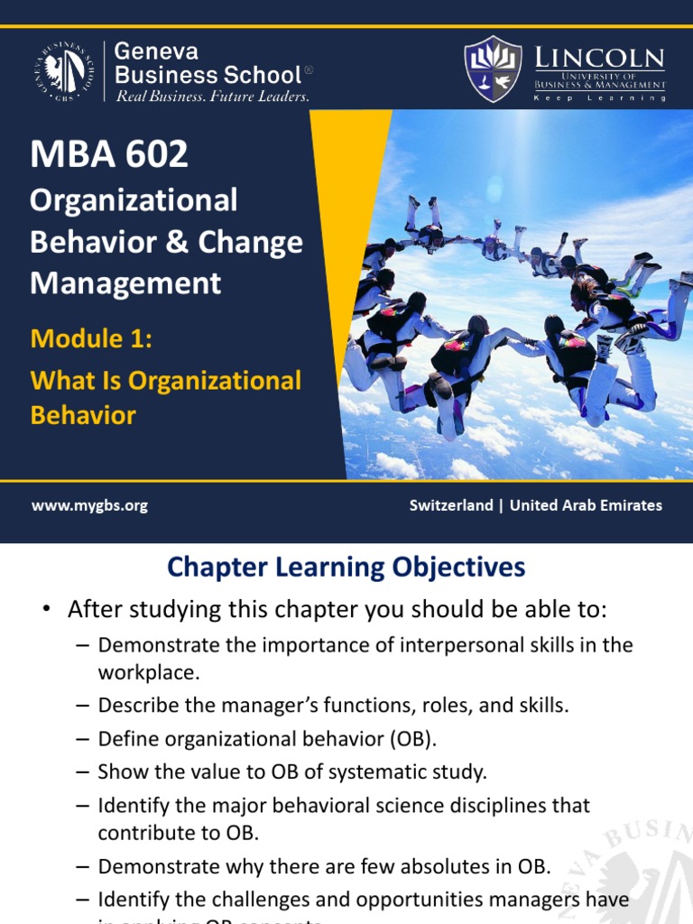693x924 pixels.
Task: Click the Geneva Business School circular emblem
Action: click(x=65, y=70)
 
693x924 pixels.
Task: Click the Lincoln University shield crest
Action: click(x=492, y=69)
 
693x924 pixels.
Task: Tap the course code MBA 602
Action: click(x=109, y=155)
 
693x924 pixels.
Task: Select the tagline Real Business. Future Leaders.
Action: click(x=213, y=97)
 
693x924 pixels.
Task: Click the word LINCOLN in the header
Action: click(x=613, y=60)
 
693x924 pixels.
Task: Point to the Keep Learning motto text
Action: click(x=600, y=97)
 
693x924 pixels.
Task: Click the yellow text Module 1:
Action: click(x=91, y=338)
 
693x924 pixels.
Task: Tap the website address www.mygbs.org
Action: click(x=89, y=505)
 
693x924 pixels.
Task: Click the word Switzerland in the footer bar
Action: click(x=451, y=505)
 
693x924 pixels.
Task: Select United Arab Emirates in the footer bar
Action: click(x=586, y=505)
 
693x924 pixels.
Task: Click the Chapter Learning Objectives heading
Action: click(x=346, y=567)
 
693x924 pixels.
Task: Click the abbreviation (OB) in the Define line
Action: click(x=412, y=739)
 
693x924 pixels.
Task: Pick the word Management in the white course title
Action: click(x=125, y=283)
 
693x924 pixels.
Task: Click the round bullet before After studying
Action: click(x=45, y=610)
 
